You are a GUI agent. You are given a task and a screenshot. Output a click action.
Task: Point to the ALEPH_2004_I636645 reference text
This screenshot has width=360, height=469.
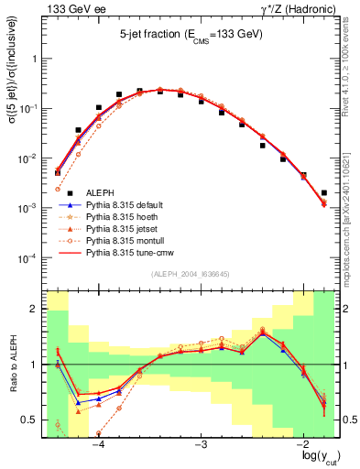pyautogui.click(x=190, y=273)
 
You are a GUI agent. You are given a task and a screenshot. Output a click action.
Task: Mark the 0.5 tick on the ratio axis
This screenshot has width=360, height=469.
pyautogui.click(x=32, y=420)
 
